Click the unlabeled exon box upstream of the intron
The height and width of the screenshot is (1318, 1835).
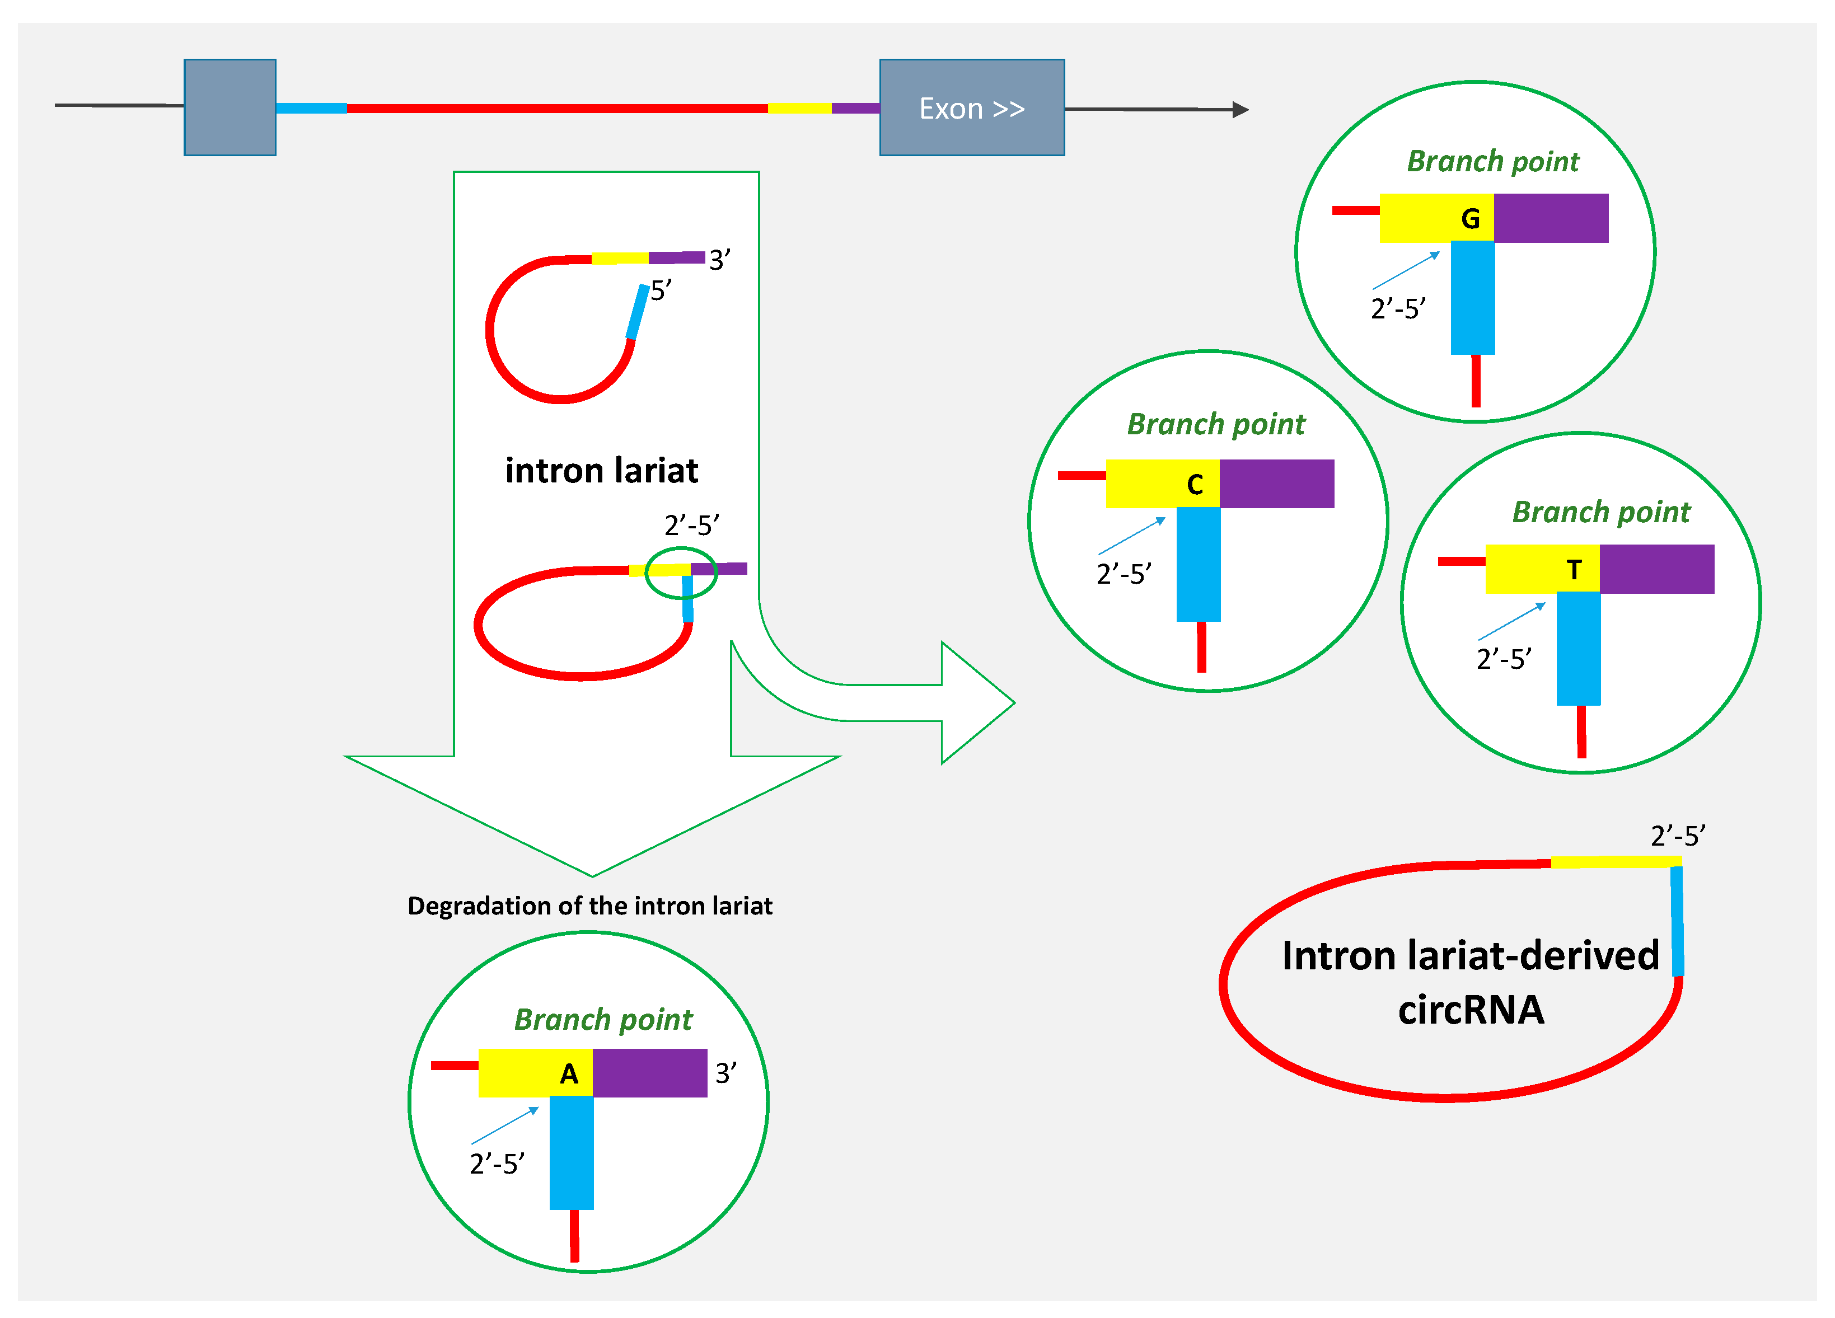point(230,107)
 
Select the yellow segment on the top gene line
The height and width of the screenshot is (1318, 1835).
point(799,107)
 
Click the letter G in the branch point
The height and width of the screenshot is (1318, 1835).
point(1470,218)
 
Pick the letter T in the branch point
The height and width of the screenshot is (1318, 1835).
point(1574,570)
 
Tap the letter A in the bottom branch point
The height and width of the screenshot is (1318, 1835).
point(569,1073)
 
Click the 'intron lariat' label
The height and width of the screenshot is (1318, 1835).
point(601,470)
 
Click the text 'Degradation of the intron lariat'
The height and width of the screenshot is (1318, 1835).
point(590,906)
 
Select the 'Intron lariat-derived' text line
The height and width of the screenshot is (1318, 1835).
point(1469,955)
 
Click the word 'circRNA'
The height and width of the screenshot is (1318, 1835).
point(1470,1010)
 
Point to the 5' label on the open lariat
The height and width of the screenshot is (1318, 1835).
point(660,290)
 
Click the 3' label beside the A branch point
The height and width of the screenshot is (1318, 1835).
point(725,1073)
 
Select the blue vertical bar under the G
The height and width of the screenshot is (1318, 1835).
point(1472,298)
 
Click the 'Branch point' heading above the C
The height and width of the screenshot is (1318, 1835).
point(1215,424)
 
